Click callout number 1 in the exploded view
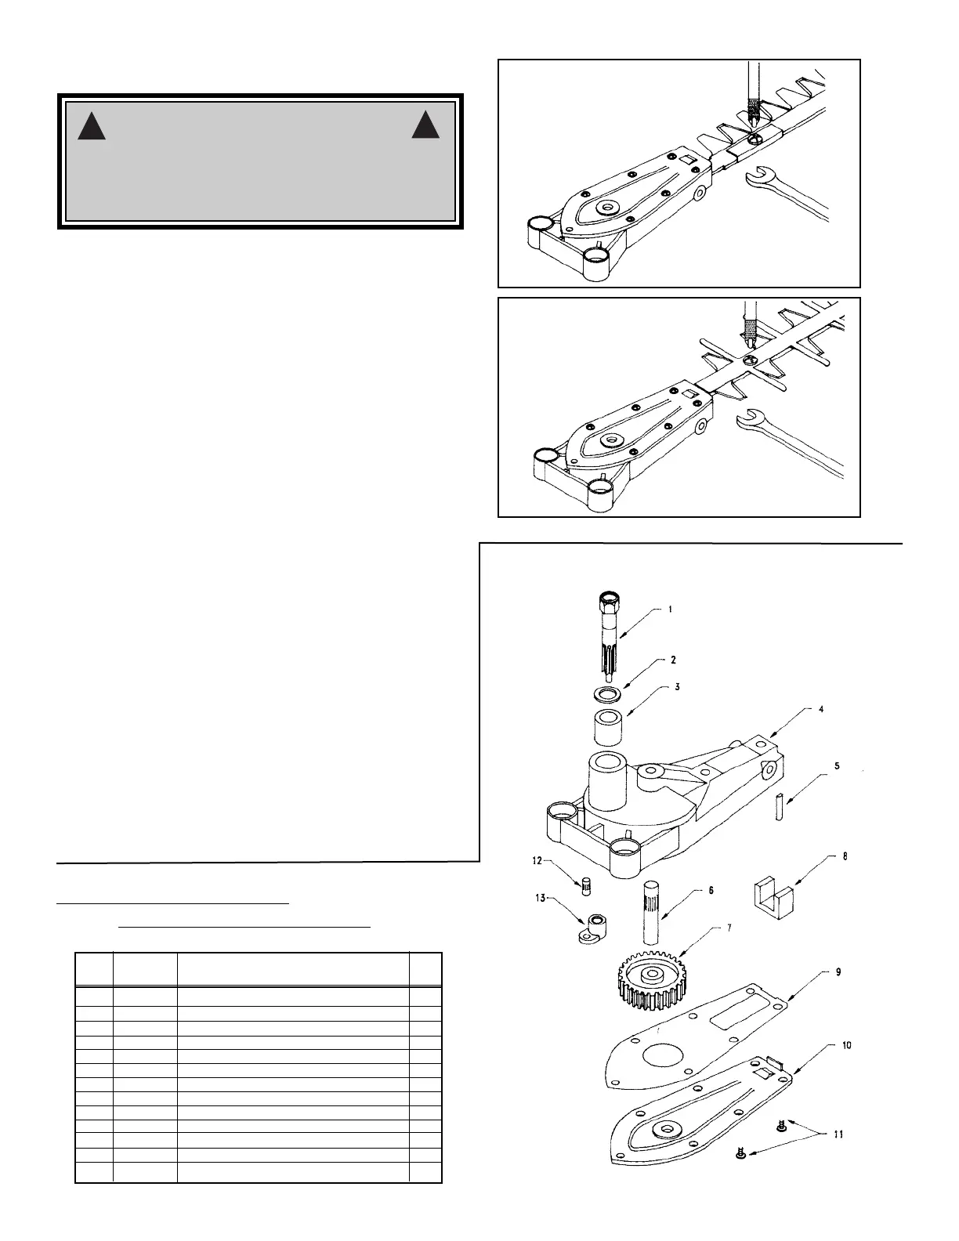671,609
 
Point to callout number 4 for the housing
820,709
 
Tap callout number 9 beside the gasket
838,972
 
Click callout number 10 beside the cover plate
847,1045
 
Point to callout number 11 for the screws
838,1134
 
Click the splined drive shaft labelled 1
610,635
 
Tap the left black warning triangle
92,126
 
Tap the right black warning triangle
426,125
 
